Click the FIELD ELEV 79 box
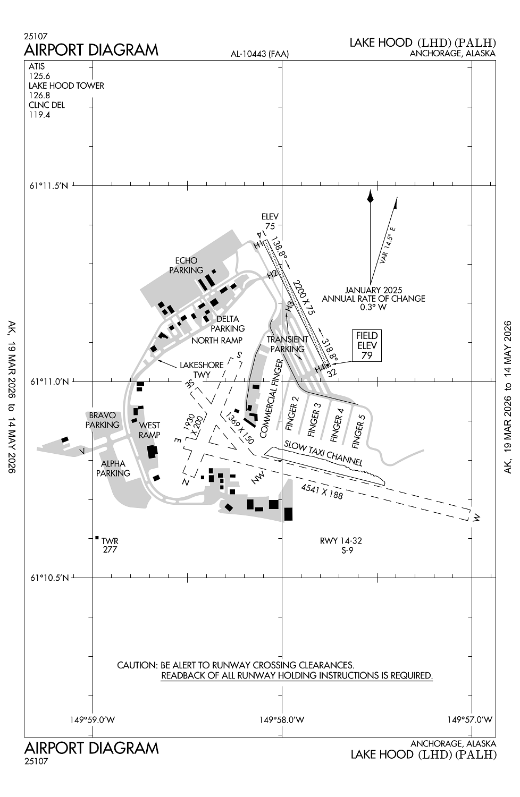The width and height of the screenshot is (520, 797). [x=367, y=346]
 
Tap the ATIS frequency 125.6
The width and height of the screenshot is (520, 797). [x=39, y=76]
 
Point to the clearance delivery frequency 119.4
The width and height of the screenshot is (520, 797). [x=39, y=114]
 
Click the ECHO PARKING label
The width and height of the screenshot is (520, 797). [x=186, y=265]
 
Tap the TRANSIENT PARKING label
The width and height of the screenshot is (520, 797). [x=287, y=344]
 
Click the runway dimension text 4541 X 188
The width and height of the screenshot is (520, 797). [x=322, y=491]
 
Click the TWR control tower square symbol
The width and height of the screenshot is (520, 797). [x=97, y=538]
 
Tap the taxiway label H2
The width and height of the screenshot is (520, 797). [x=272, y=275]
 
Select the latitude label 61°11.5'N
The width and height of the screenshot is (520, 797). [x=49, y=185]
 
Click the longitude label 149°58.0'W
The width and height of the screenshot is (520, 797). [x=282, y=719]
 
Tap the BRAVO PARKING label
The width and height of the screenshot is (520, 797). [x=103, y=420]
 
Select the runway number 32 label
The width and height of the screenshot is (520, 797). [x=332, y=373]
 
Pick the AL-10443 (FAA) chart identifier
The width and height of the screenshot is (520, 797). [x=259, y=54]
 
